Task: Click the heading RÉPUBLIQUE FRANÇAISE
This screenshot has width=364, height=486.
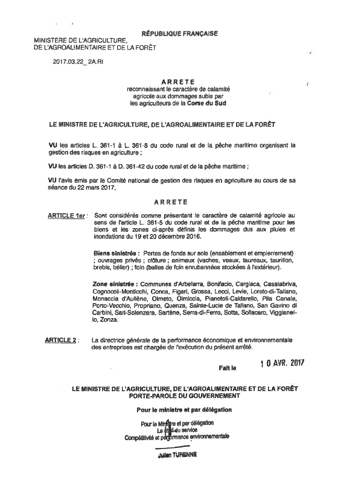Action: pyautogui.click(x=179, y=34)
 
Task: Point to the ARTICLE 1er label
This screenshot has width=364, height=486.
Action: pyautogui.click(x=66, y=215)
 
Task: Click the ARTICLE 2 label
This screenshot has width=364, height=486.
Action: pyautogui.click(x=61, y=341)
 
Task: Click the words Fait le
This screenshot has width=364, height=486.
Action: pyautogui.click(x=229, y=366)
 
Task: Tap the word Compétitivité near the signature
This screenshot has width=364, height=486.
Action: pyautogui.click(x=139, y=437)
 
